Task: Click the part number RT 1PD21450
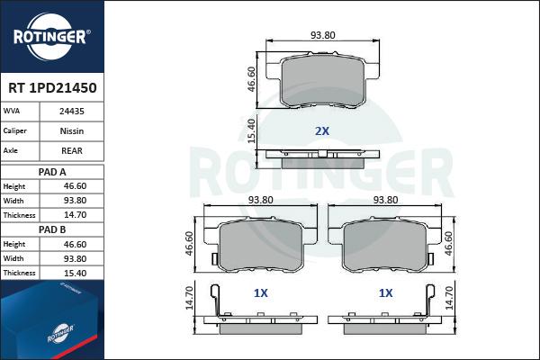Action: [x=52, y=88]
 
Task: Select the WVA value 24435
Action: [x=72, y=112]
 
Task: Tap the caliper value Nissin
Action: [x=72, y=130]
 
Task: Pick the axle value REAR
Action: [x=72, y=150]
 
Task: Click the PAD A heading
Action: [x=52, y=172]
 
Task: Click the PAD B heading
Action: [x=52, y=229]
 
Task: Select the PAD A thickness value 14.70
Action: [x=75, y=215]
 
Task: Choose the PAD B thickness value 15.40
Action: [x=75, y=273]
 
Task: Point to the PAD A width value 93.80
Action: [x=75, y=201]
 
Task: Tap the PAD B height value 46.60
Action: [x=75, y=244]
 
